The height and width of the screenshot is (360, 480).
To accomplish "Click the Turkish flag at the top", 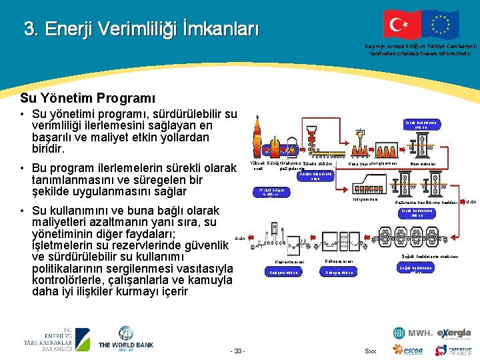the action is (401, 25).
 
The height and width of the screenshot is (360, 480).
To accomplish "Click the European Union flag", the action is (441, 25).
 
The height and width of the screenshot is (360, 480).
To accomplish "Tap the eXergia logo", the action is (454, 333).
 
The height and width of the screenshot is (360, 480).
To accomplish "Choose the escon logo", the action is (414, 350).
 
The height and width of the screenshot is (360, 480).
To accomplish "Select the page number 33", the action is (237, 351).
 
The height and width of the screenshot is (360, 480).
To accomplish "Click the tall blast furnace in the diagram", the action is (258, 137).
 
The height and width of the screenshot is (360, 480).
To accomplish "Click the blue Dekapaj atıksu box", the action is (340, 273).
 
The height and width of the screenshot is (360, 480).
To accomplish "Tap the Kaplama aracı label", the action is (289, 261).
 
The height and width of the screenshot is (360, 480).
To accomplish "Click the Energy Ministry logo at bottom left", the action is (49, 339).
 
